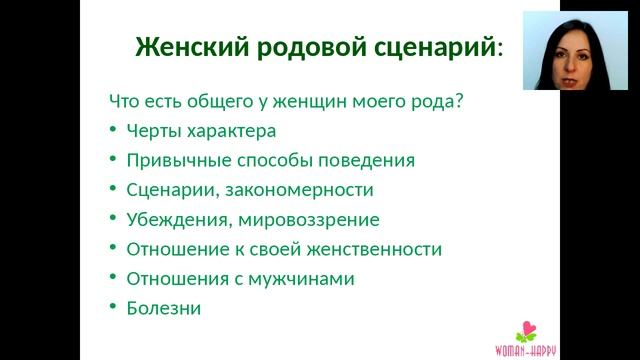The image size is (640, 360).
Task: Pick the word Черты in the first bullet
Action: (x=150, y=130)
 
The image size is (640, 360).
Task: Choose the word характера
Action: (x=227, y=130)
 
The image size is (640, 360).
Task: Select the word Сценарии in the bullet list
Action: (x=167, y=190)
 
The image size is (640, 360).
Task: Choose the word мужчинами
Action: (x=305, y=279)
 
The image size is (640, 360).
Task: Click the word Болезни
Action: (x=164, y=308)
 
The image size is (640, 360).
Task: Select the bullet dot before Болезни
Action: (x=113, y=308)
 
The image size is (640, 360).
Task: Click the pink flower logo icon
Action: (x=525, y=330)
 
